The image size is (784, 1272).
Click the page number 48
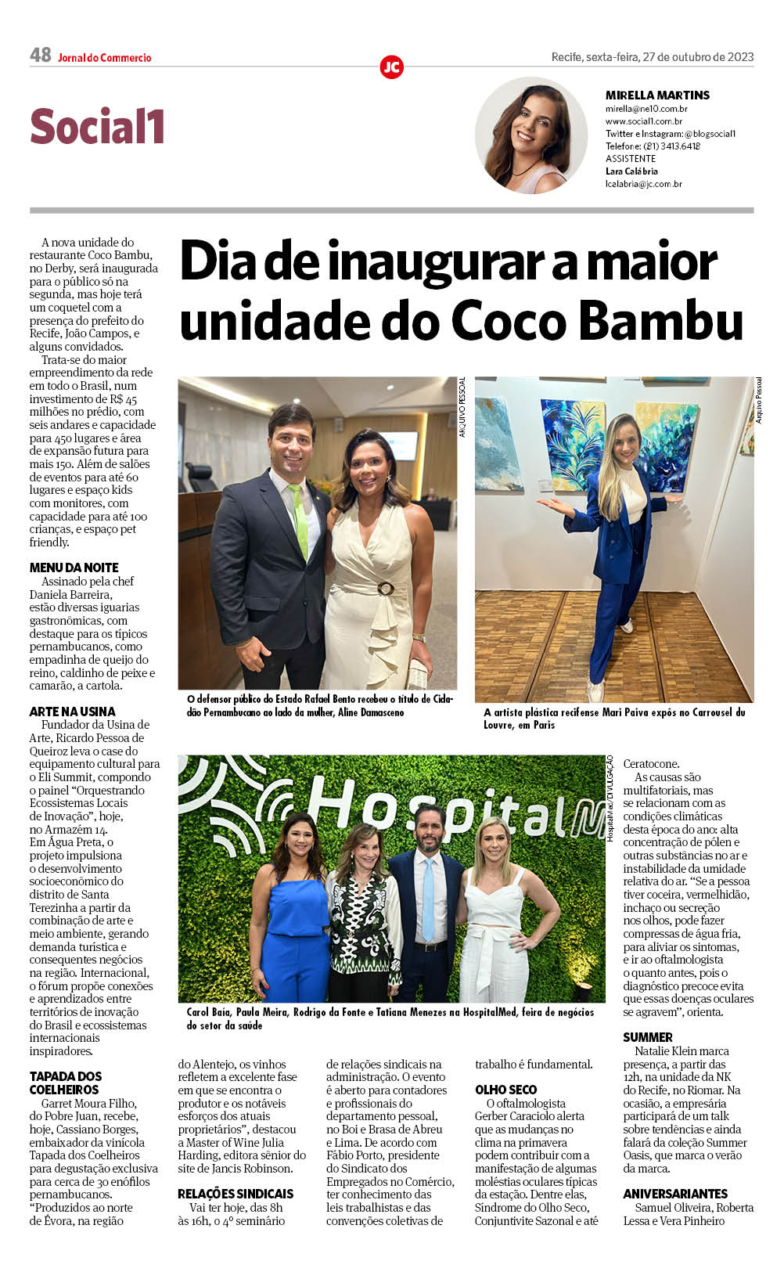[x=40, y=55]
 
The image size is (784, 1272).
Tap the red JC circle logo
[x=391, y=67]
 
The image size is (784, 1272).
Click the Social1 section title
[x=97, y=127]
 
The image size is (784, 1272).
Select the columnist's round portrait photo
[x=531, y=135]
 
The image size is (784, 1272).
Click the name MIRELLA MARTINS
[x=657, y=95]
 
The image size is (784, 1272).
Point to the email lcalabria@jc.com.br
[x=643, y=184]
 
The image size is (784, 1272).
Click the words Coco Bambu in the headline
[x=596, y=322]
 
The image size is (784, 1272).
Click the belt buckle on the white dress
[x=385, y=588]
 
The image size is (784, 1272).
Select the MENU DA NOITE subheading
[x=74, y=568]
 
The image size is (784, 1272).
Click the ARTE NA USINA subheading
[x=72, y=712]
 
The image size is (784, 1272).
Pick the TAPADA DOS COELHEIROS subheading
[x=66, y=1083]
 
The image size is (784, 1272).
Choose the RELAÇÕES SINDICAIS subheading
[x=235, y=1194]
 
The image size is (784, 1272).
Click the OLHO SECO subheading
[x=505, y=1090]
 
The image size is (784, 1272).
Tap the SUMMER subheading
[x=647, y=1037]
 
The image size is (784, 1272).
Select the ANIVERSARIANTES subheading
[x=674, y=1194]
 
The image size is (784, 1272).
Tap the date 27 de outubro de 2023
[x=697, y=56]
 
